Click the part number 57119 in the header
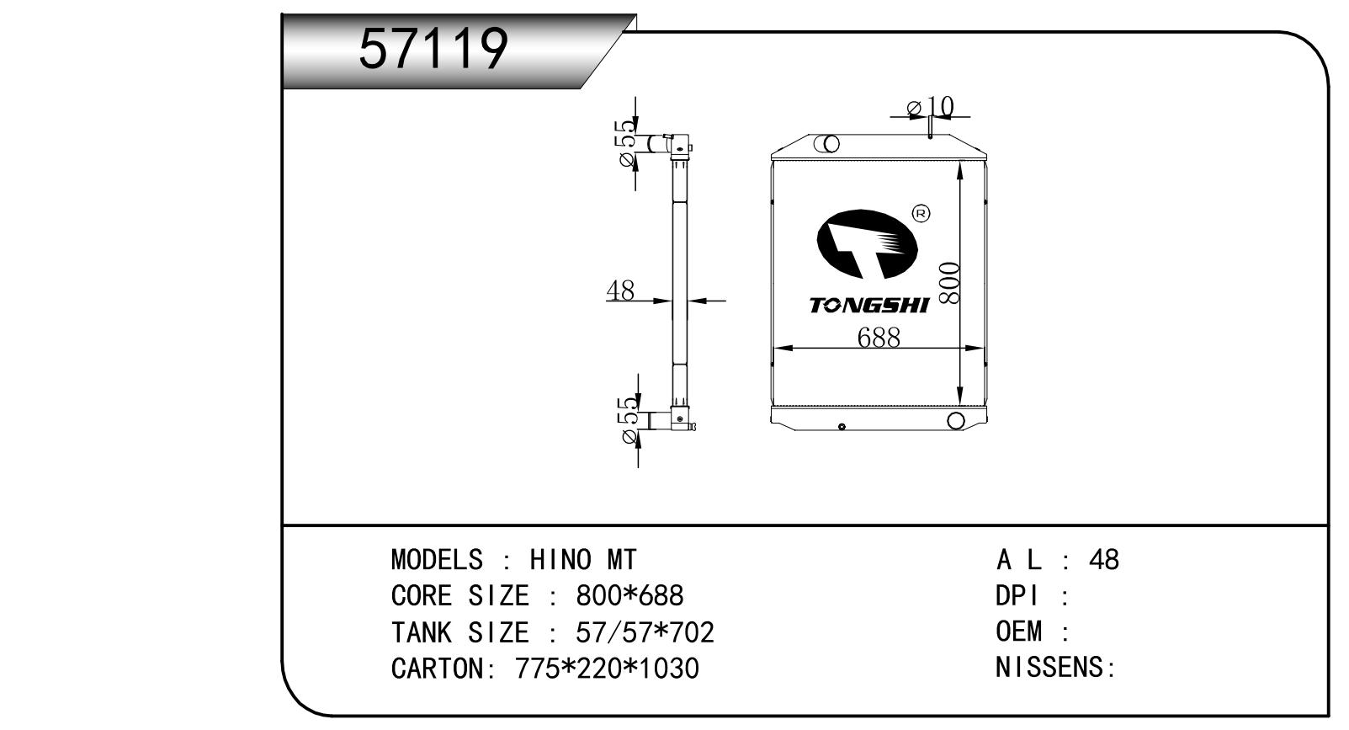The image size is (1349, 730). (433, 49)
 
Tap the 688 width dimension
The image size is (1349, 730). (879, 338)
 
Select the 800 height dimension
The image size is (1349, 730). (948, 282)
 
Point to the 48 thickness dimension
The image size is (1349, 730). (620, 290)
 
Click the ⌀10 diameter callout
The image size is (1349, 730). (931, 107)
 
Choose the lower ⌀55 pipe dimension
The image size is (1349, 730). (628, 420)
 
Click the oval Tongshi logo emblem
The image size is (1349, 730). (867, 244)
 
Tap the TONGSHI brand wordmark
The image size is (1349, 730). (869, 306)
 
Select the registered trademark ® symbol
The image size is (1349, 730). (921, 213)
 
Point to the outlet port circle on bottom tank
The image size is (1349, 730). (956, 420)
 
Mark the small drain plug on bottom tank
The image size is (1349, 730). (842, 426)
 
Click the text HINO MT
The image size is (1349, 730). (583, 560)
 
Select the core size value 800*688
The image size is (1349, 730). (629, 595)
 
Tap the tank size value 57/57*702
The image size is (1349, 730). (645, 632)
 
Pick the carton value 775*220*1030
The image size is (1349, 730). (607, 669)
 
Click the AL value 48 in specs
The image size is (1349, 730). (1104, 560)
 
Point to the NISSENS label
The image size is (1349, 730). (1056, 668)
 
